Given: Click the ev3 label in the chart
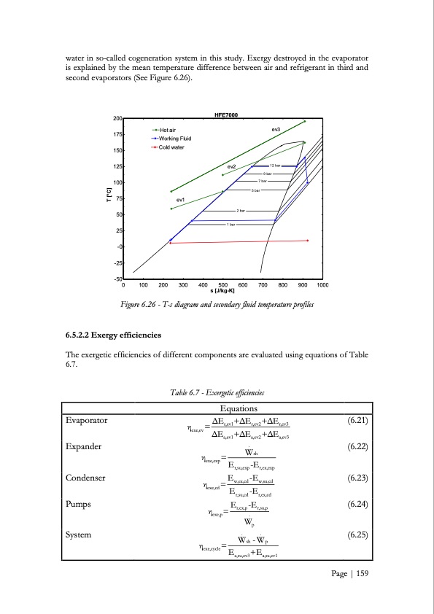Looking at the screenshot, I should (x=276, y=129).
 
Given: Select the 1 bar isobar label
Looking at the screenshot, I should (x=230, y=225).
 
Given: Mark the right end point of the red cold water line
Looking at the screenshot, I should (x=308, y=240).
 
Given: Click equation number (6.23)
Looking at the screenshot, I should (x=357, y=478).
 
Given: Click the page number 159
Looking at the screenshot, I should (x=360, y=593).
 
